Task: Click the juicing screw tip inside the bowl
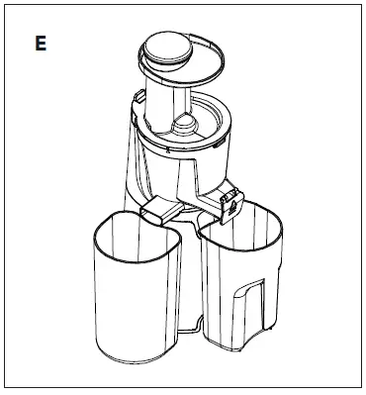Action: (187, 123)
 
